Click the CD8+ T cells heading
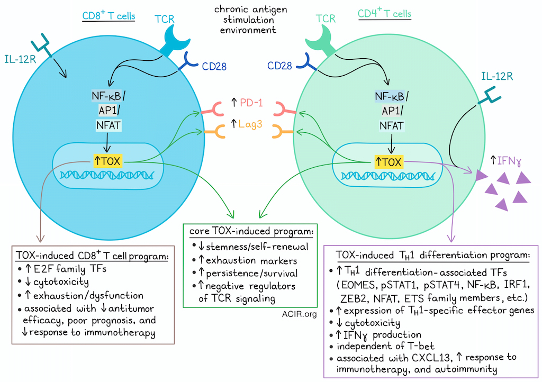point(109,16)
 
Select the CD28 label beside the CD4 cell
point(281,67)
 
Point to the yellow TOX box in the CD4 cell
point(389,161)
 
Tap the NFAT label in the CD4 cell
point(393,125)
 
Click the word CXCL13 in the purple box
point(408,357)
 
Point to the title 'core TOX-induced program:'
point(251,231)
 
